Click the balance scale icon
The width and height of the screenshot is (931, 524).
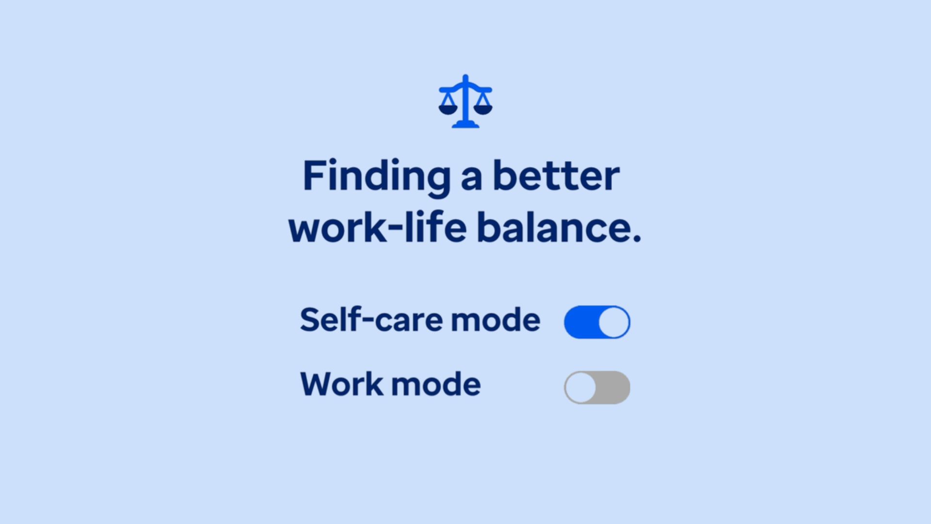[465, 101]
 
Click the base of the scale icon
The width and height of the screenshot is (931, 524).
[465, 125]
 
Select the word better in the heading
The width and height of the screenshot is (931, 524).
[556, 175]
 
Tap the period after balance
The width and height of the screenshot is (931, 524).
[637, 238]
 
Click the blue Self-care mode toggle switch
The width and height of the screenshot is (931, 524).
[597, 322]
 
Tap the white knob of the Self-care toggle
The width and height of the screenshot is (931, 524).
[614, 322]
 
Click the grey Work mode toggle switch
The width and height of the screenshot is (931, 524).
[597, 388]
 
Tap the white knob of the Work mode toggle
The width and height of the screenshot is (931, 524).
[580, 388]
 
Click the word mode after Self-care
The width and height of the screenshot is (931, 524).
[496, 320]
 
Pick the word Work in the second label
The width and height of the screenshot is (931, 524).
[342, 384]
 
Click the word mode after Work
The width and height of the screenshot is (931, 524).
[436, 385]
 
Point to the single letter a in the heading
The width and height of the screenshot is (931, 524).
[471, 179]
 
